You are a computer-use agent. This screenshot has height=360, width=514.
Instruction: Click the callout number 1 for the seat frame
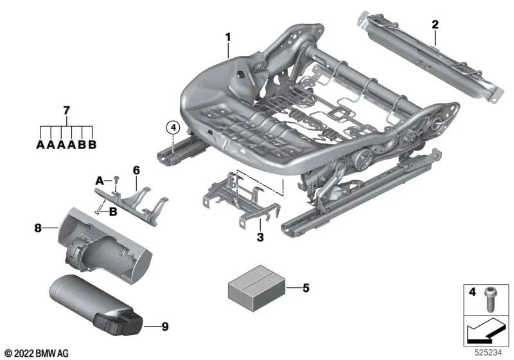pos(228,37)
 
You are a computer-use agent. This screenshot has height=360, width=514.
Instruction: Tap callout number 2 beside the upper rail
pos(435,24)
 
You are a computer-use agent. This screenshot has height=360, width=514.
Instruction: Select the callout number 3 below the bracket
pos(260,237)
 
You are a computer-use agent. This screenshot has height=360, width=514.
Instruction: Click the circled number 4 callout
pos(173,127)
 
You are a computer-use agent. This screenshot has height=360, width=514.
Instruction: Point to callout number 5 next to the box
pos(306,288)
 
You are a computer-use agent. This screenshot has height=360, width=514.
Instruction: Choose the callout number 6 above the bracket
pos(136,170)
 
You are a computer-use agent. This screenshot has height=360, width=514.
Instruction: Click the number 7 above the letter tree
pos(67,111)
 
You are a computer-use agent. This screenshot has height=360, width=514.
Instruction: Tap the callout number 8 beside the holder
pos(38,228)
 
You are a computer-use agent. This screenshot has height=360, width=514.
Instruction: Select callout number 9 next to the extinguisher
pos(165,327)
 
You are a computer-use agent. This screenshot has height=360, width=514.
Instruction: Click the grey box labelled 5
pos(256,288)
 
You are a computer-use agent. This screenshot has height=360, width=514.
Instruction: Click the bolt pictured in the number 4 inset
pos(489,300)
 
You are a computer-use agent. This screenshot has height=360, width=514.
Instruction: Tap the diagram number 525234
pos(488,353)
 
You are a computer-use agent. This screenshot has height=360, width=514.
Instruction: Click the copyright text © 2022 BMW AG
pos(37,354)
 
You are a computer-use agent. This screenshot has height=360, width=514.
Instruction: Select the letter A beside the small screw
pos(100,181)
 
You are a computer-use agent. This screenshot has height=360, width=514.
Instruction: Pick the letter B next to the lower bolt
pos(113,212)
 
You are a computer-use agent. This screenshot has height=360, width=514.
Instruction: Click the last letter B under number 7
pos(93,144)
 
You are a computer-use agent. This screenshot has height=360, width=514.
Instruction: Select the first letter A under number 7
pos(40,144)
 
